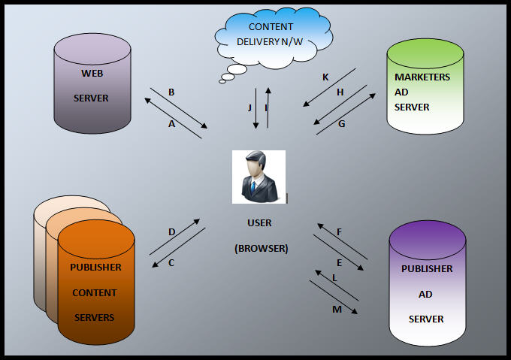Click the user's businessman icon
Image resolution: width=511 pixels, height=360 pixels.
[259, 176]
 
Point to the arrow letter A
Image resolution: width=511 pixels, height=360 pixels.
[172, 124]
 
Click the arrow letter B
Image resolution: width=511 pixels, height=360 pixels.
[172, 92]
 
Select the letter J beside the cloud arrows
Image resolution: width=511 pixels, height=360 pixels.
[249, 107]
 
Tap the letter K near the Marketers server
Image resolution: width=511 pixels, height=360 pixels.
[325, 77]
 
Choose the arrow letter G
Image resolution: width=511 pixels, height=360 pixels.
[342, 123]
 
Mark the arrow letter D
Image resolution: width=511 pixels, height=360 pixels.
[172, 232]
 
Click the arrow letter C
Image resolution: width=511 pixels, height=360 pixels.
[171, 263]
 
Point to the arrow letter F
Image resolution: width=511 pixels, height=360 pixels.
[340, 232]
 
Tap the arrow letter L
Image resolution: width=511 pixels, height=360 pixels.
[335, 278]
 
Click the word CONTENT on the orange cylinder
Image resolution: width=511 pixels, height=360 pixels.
[95, 292]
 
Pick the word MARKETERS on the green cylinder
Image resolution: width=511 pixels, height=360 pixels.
[422, 77]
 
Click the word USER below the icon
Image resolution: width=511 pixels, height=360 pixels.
[259, 223]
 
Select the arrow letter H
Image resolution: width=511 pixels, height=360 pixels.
[340, 92]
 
